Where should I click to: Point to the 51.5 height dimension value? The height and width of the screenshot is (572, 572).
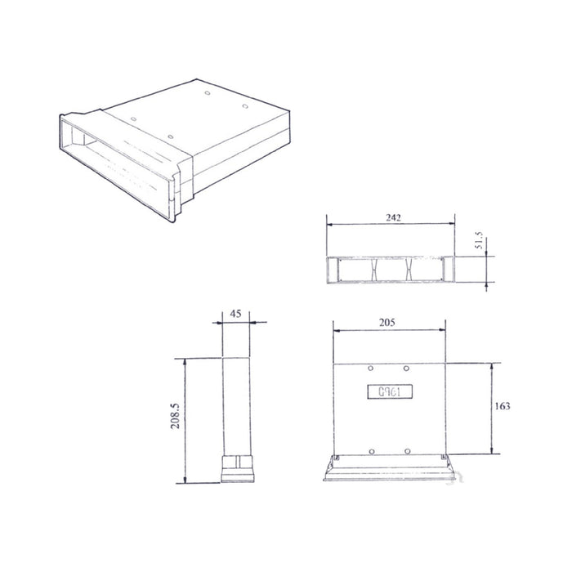tap(480, 242)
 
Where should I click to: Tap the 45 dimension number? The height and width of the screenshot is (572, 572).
tap(235, 313)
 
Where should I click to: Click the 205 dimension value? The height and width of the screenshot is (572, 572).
tap(388, 323)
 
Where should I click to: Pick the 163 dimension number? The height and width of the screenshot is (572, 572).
tap(504, 406)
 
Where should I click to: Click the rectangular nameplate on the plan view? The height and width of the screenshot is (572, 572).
tap(388, 391)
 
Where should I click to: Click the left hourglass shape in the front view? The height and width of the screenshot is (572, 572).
tap(373, 269)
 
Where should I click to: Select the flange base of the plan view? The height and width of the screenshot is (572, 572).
tap(389, 471)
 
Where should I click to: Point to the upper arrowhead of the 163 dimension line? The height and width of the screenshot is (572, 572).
tap(491, 365)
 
